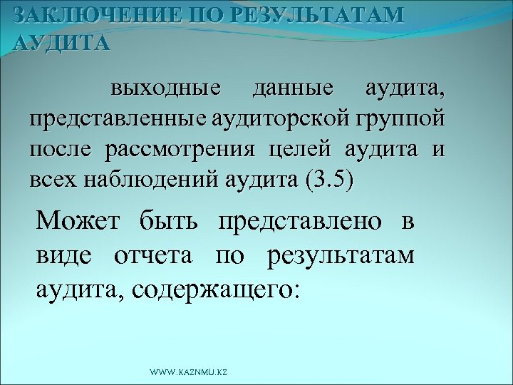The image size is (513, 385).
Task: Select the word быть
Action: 170,222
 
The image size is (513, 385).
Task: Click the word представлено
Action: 299,222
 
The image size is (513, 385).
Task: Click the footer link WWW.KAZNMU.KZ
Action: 189,373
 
